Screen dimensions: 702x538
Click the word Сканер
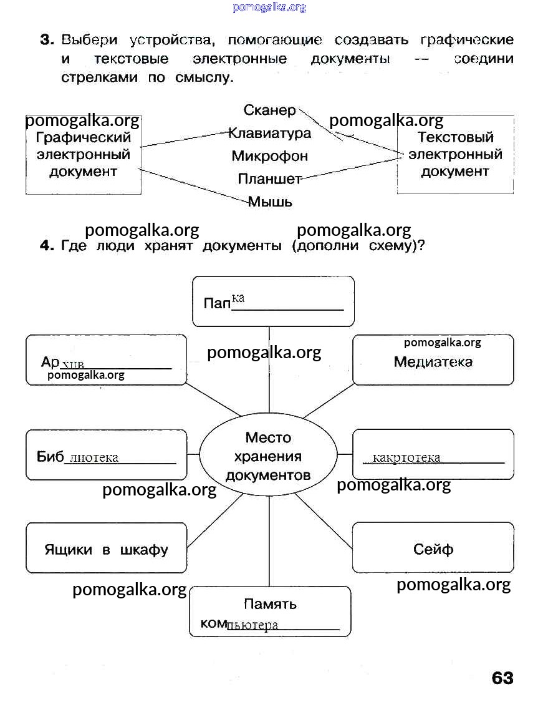pyautogui.click(x=269, y=110)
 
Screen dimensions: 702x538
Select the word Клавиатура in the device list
pyautogui.click(x=269, y=134)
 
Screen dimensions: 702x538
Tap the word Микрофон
pyautogui.click(x=269, y=156)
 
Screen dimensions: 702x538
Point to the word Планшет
pyautogui.click(x=269, y=179)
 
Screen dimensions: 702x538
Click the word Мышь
pyautogui.click(x=270, y=202)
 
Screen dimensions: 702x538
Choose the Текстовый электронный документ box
pyautogui.click(x=455, y=154)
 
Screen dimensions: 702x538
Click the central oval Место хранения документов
pyautogui.click(x=268, y=456)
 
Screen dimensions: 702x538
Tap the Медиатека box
pyautogui.click(x=433, y=361)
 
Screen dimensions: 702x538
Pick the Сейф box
pyautogui.click(x=433, y=548)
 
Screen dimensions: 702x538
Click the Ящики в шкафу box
pyautogui.click(x=106, y=549)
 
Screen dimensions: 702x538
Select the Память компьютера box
pyautogui.click(x=270, y=612)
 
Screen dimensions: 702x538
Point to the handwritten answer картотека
pyautogui.click(x=406, y=458)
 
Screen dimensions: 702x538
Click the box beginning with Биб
pyautogui.click(x=106, y=455)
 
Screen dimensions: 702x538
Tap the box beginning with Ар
pyautogui.click(x=106, y=360)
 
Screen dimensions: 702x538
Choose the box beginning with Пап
pyautogui.click(x=273, y=301)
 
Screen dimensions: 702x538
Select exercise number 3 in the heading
pyautogui.click(x=47, y=41)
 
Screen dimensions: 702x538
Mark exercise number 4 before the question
pyautogui.click(x=47, y=246)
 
